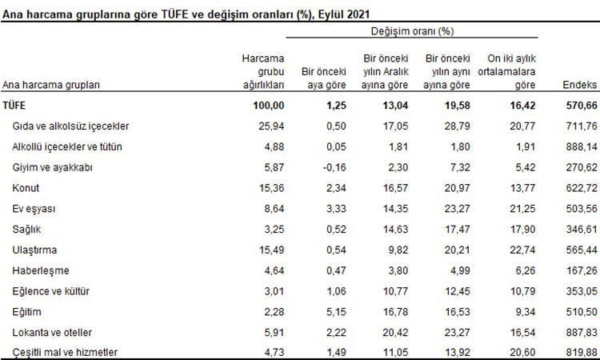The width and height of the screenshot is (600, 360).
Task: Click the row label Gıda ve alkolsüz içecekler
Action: point(71,126)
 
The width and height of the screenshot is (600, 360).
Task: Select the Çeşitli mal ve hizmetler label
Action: point(66,352)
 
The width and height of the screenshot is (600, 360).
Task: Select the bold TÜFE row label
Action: point(15,106)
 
